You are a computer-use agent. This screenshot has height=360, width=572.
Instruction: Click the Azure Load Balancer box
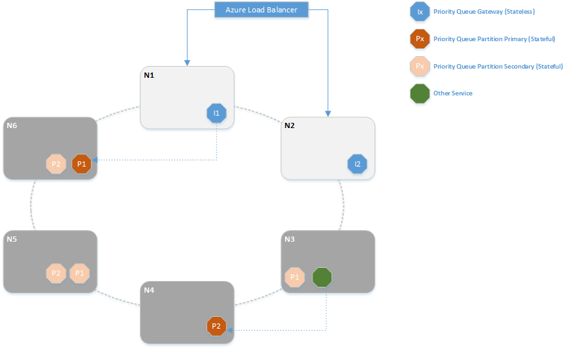coord(261,10)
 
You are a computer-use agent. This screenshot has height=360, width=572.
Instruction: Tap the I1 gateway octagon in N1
coord(216,114)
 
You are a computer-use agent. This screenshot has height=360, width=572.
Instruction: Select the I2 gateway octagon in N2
coord(357,164)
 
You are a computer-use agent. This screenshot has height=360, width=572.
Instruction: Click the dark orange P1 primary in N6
coord(81,164)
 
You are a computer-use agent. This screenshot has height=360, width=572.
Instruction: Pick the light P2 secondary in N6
coord(56,164)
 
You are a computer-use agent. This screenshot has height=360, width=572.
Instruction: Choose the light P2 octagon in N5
coord(56,273)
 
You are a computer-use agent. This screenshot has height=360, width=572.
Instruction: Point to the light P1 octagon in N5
coord(79,273)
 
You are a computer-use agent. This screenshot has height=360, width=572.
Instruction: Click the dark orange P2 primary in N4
coord(216,326)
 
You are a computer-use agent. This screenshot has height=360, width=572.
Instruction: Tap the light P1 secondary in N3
coord(295,277)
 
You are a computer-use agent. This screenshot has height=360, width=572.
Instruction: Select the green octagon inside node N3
coord(322,277)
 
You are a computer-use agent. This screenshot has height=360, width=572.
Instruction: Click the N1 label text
coord(148,75)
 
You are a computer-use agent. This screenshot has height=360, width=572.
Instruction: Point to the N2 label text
coord(290,125)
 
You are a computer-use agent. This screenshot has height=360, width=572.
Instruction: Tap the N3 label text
coord(290,239)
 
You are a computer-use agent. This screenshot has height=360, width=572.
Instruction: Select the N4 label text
coord(148,289)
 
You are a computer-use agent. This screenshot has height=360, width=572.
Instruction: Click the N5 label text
coord(12,239)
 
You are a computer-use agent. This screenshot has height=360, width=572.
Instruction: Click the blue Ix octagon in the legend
coord(419,12)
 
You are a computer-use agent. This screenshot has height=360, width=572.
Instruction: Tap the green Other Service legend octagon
coord(419,93)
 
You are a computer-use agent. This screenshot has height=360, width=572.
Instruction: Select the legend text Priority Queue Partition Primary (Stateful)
coord(494,39)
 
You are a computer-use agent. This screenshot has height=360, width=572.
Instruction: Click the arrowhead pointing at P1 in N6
coord(95,159)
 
